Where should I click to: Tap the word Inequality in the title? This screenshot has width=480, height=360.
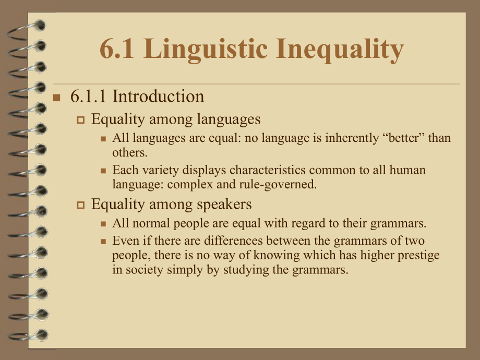(339, 50)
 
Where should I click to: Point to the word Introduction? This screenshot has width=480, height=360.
(158, 97)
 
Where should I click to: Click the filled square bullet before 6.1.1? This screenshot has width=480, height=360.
(57, 98)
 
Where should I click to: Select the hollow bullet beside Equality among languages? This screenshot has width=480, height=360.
(80, 120)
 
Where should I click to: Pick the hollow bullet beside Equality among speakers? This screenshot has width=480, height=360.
(80, 205)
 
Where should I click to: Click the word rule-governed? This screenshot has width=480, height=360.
(285, 185)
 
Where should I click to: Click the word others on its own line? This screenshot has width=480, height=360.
(129, 153)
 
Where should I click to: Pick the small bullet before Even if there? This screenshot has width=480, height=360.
(103, 242)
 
